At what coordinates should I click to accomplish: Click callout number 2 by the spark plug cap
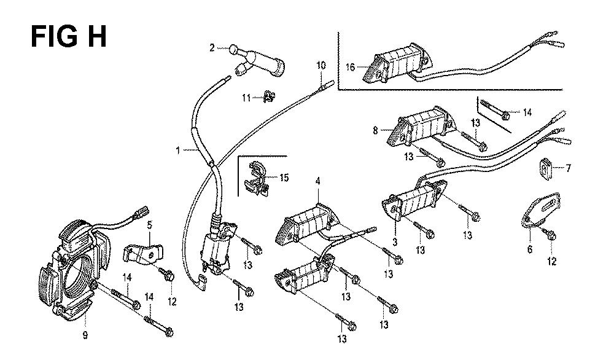click(212, 47)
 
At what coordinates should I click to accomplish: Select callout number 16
click(350, 68)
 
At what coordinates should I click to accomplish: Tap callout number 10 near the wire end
click(321, 65)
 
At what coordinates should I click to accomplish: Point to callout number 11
click(245, 97)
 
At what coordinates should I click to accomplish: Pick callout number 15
click(284, 178)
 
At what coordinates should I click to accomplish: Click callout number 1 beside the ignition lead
click(177, 150)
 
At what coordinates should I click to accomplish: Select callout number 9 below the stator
click(85, 335)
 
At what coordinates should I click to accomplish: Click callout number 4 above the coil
click(318, 181)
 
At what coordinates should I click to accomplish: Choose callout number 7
click(569, 168)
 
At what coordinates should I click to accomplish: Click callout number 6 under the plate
click(530, 249)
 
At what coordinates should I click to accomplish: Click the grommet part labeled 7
click(546, 166)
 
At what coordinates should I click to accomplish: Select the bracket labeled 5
click(145, 252)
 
